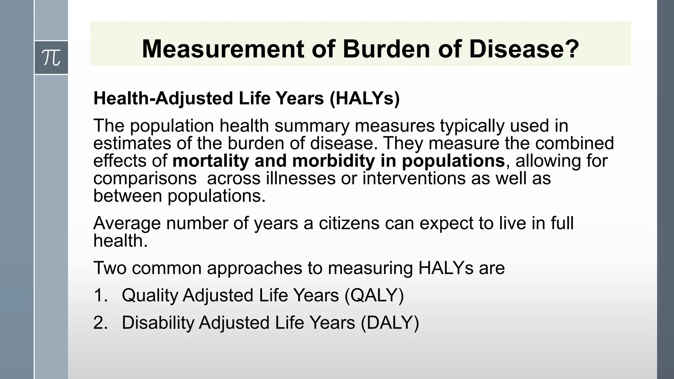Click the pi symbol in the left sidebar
click(x=51, y=58)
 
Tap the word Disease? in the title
click(x=524, y=49)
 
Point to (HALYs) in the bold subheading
click(x=365, y=98)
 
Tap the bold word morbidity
click(x=333, y=161)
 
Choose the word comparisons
click(x=145, y=179)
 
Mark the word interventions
click(x=414, y=179)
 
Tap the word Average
click(x=127, y=223)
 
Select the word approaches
click(x=254, y=268)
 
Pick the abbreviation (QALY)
click(x=374, y=295)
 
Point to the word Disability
click(x=158, y=322)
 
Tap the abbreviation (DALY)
click(x=390, y=322)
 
